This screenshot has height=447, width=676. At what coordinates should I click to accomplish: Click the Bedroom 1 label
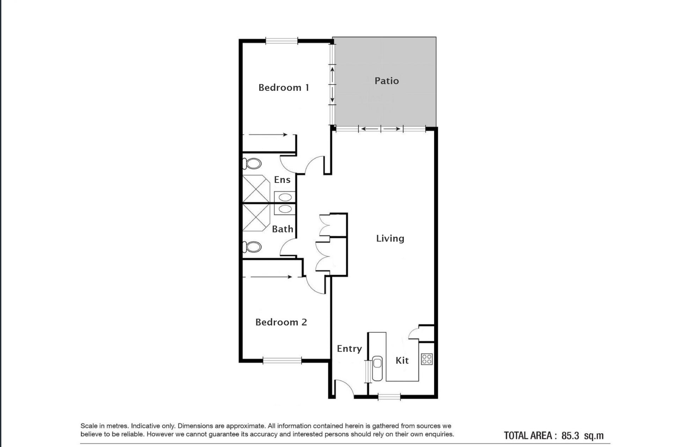point(284,87)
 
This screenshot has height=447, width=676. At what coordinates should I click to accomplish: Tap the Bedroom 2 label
point(281,322)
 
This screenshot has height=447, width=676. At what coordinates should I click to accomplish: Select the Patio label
point(387,81)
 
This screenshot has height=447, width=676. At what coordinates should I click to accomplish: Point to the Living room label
point(390,238)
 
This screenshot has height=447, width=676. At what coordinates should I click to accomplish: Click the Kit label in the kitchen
point(402,360)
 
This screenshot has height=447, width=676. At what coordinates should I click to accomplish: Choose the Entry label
point(349,349)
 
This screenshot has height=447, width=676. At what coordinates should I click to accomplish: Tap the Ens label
point(282,180)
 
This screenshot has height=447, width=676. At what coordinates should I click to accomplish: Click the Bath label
point(283,229)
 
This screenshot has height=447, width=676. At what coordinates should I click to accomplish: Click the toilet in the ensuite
point(252,163)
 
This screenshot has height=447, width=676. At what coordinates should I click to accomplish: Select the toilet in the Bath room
point(252,247)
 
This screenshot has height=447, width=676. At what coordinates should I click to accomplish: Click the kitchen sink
point(377,369)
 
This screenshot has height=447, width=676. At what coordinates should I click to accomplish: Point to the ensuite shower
point(256,189)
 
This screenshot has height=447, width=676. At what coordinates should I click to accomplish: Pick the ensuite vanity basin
point(285,197)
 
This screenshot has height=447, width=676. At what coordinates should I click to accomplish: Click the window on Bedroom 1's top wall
point(281,41)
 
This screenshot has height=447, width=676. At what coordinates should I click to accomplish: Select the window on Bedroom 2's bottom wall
point(282,360)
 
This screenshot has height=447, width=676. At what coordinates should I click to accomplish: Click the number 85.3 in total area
point(570,436)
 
